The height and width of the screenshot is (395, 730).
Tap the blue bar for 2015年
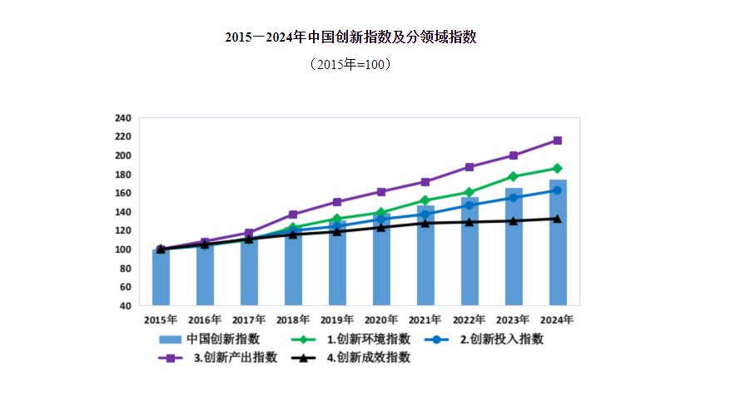161,277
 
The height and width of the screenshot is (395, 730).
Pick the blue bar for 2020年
381,259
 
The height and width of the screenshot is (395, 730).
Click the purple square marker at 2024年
558,141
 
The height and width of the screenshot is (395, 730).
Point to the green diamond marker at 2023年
514,176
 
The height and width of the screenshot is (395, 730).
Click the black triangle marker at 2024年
558,219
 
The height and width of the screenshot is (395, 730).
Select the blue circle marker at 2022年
469,205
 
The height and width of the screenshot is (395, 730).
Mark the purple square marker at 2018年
293,215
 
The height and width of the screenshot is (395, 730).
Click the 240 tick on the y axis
123,118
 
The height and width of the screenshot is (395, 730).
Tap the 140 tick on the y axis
123,212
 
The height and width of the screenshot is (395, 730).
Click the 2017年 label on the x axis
249,319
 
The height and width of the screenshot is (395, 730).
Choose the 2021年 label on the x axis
425,319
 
